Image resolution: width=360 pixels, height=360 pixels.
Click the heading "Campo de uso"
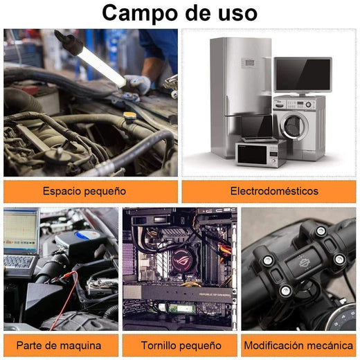pos(179,13)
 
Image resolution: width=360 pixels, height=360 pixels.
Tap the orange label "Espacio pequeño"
pos(84,191)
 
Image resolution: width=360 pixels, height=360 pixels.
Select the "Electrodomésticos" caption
pos(274,191)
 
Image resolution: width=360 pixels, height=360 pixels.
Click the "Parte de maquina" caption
pos(59,345)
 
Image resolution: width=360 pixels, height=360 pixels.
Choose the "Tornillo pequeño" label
pos(181,345)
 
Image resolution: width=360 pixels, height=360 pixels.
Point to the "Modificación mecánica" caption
pos(298,345)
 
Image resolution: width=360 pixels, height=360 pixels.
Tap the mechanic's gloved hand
pos(136,87)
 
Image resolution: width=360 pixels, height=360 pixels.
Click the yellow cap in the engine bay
pos(130,116)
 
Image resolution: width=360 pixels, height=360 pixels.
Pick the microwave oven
pos(260,154)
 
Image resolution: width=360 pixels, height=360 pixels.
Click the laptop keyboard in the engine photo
pos(19,261)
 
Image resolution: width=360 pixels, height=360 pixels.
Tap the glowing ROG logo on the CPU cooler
pos(183,260)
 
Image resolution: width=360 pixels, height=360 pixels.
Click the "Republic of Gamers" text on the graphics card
pos(215,295)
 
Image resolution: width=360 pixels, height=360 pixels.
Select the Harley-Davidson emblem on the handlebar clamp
pos(303,263)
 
